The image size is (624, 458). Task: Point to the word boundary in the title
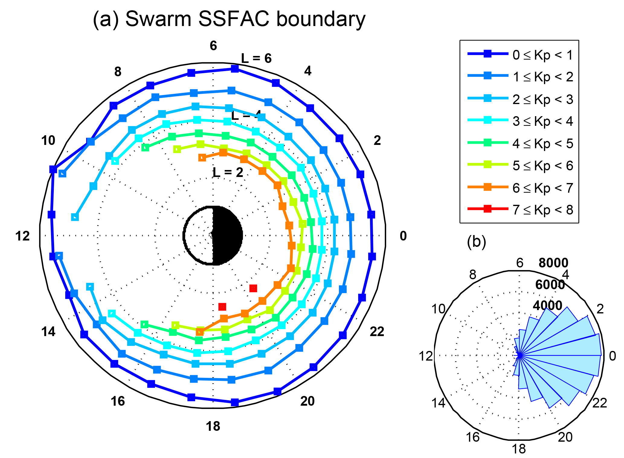pos(320,19)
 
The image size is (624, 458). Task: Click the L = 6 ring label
pos(256,58)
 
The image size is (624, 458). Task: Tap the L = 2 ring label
pos(228,172)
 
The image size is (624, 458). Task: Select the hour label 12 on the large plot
pos(23,236)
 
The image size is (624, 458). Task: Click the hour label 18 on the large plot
pos(213,426)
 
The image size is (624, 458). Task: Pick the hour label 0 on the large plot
pos(403,236)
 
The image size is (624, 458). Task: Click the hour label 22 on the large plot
pos(377,332)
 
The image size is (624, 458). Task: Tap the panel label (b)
pos(476,241)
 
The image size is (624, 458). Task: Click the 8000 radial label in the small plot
pos(553,263)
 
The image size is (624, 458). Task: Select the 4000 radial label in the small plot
pos(547,306)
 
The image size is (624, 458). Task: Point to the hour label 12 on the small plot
pos(426,356)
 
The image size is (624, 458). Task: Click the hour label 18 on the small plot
pos(519,449)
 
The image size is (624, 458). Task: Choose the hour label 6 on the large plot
pos(213,46)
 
